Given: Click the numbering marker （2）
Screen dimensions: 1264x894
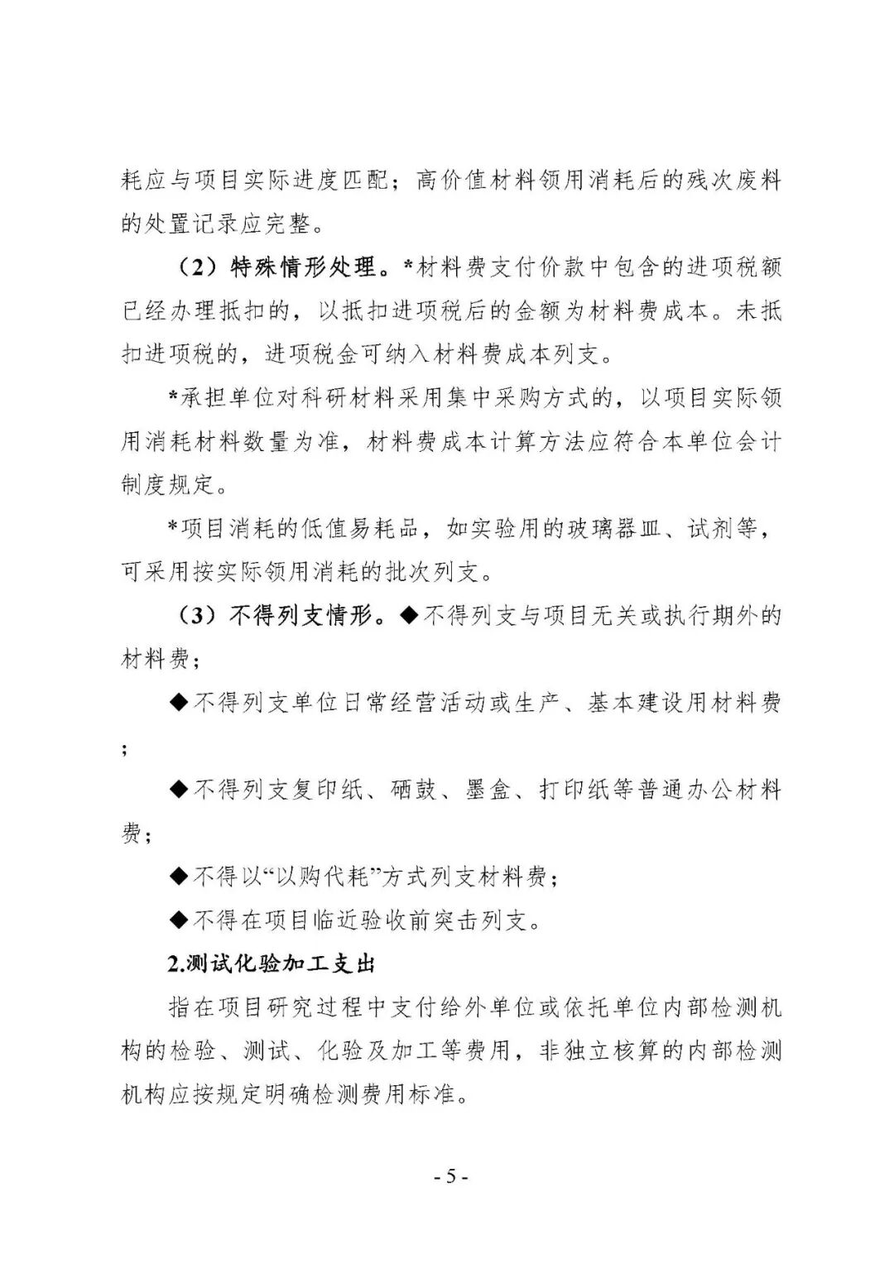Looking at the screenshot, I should click(198, 267).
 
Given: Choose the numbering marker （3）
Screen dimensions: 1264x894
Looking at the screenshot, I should click(198, 616).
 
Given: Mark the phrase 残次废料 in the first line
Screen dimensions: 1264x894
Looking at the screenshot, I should click(732, 180).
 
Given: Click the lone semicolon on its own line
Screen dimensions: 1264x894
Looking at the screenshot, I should click(125, 750).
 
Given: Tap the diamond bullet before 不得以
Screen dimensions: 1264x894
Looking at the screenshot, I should click(179, 877).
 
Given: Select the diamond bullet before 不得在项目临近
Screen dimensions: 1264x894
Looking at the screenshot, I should click(179, 920).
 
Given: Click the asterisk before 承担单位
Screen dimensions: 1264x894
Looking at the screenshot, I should click(174, 398).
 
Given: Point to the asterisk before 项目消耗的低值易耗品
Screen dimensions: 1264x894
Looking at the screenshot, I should click(174, 528).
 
